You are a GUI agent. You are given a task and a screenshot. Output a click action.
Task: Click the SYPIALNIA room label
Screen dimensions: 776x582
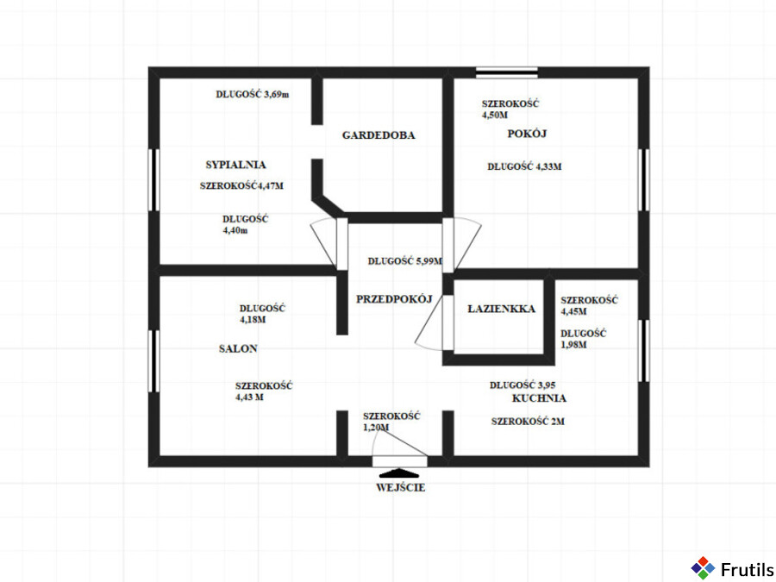235,165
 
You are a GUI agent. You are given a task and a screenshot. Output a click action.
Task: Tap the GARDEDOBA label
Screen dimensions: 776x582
379,135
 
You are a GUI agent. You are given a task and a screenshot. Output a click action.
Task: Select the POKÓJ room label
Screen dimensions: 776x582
527,134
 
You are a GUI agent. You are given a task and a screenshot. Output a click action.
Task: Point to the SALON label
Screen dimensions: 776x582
238,349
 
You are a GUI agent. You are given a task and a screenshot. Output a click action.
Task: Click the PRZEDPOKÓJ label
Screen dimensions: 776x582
394,299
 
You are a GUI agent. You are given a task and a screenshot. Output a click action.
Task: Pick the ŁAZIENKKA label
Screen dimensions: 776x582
501,309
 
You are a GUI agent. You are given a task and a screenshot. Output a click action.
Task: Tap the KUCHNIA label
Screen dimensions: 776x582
539,398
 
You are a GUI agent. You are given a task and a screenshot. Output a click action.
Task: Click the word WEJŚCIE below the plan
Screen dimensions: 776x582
400,487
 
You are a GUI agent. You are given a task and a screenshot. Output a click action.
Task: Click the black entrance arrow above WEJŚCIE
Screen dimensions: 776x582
399,472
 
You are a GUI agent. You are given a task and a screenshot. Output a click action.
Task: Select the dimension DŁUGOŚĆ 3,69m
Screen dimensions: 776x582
253,94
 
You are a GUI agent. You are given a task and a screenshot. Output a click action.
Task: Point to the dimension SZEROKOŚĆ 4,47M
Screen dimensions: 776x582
241,186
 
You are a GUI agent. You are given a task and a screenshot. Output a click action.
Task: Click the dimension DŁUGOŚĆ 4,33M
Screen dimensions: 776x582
524,166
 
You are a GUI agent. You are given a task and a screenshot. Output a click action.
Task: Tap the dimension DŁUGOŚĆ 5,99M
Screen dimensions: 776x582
405,260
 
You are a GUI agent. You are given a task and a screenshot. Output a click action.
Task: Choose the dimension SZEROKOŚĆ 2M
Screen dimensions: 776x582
528,422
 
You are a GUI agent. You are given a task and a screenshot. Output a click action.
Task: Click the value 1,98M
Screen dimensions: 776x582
573,345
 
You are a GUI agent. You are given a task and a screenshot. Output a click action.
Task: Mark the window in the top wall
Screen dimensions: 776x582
507,72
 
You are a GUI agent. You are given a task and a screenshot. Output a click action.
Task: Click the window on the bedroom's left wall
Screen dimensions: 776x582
154,180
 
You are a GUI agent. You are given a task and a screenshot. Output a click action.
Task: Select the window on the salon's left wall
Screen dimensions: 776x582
154,361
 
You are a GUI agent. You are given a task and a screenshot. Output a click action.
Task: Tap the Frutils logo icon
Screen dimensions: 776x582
703,568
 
